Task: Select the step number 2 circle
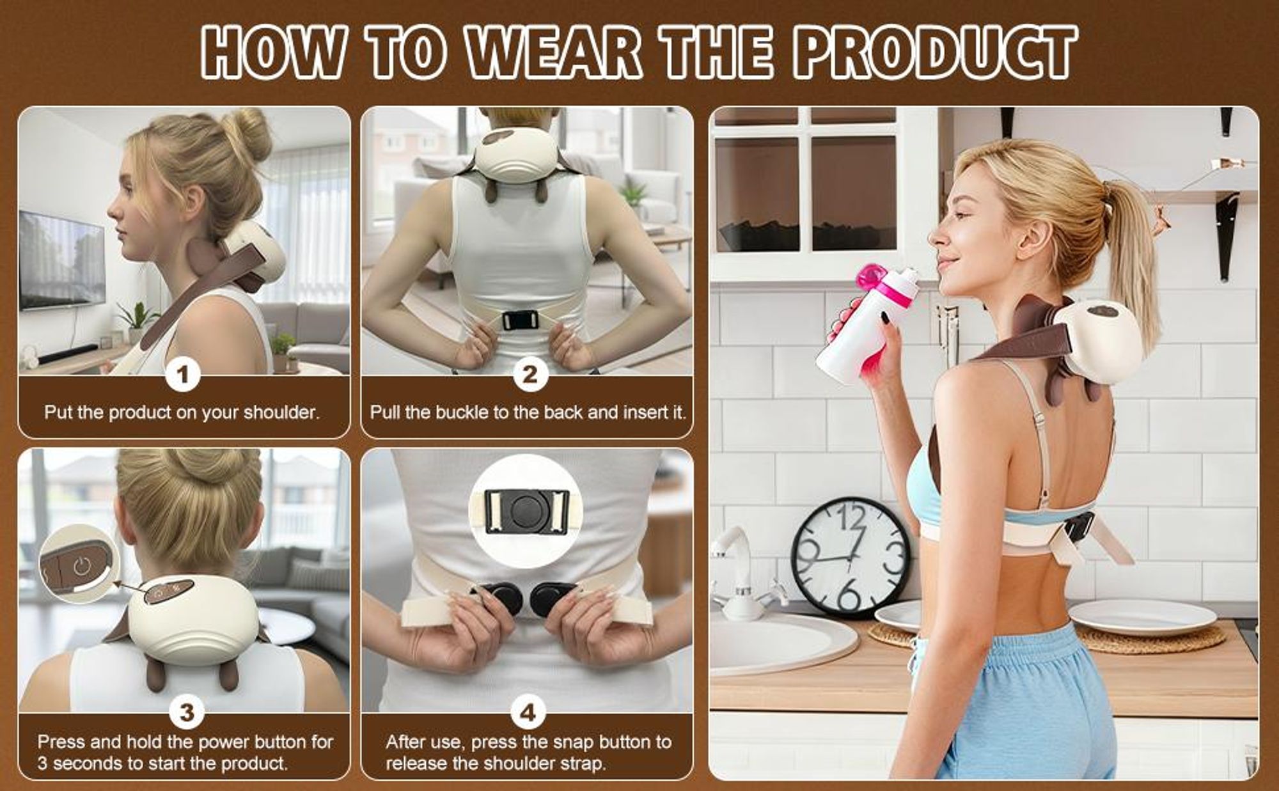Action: pyautogui.click(x=530, y=375)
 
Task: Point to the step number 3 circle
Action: pyautogui.click(x=186, y=712)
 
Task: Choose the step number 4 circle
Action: pyautogui.click(x=528, y=712)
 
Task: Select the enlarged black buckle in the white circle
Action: pyautogui.click(x=526, y=512)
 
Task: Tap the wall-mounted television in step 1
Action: pyautogui.click(x=61, y=261)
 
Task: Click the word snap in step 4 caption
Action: pyautogui.click(x=572, y=743)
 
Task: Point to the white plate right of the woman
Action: pyautogui.click(x=1142, y=616)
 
